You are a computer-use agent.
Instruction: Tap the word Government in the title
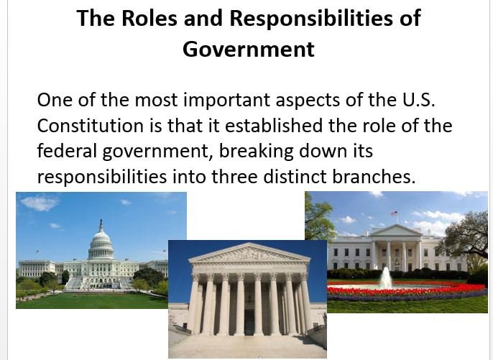[x=248, y=49]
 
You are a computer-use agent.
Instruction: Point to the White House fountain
[x=386, y=277]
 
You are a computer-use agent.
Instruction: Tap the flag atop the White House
[x=394, y=213]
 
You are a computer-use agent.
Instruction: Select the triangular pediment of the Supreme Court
[x=247, y=254]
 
